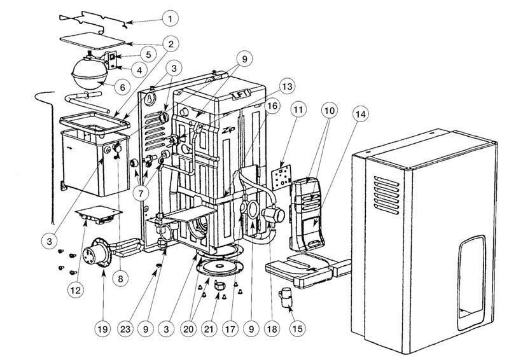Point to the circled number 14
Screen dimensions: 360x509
coord(360,114)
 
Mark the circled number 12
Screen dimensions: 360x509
coord(76,290)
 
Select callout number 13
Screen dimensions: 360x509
coord(288,87)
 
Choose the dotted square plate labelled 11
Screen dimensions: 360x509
coord(279,176)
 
